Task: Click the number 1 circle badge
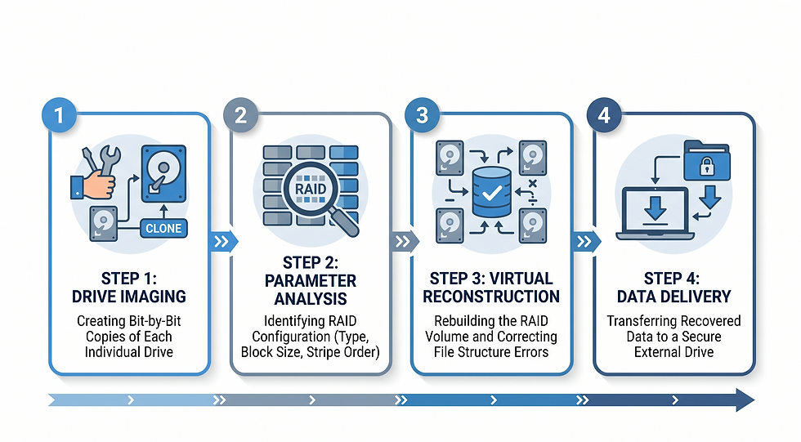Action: coord(59,115)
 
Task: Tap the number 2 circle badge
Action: coord(240,115)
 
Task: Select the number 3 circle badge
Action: coord(423,115)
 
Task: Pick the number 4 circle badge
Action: coord(604,115)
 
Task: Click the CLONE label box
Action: coord(163,228)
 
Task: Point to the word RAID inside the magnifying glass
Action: coord(311,189)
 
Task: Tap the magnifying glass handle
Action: coord(344,222)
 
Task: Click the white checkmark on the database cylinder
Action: coord(492,193)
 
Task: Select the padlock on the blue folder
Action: coord(707,166)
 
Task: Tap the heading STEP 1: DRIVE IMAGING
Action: coord(129,288)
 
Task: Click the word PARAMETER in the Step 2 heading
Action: coord(311,281)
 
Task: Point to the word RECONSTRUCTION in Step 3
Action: coord(491,297)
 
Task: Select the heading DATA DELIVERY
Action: coord(673,297)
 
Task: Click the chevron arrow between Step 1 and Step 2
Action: coord(223,241)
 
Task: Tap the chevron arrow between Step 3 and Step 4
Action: coord(586,241)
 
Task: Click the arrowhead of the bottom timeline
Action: coord(745,400)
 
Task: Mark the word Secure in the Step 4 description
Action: coord(702,337)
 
